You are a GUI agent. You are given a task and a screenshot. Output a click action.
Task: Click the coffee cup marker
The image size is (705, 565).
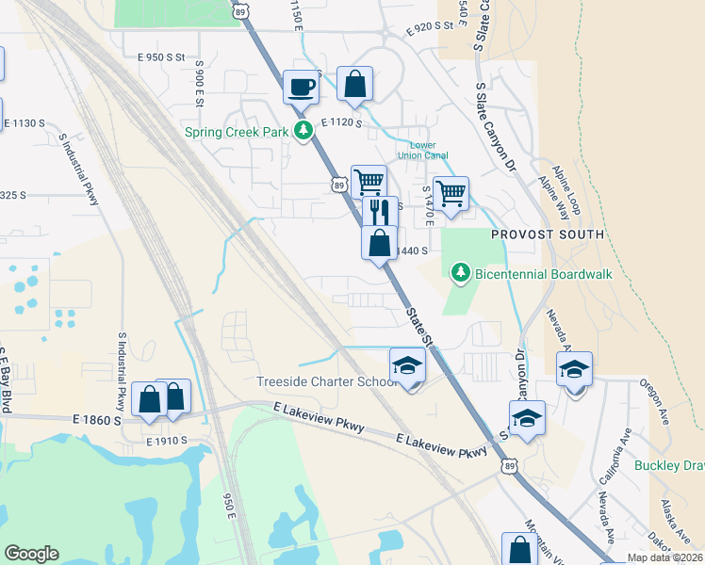(x=302, y=88)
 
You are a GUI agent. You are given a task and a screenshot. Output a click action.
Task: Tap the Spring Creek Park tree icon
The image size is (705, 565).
(x=303, y=132)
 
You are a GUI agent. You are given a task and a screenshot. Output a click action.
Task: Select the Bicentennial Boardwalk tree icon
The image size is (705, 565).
(x=460, y=273)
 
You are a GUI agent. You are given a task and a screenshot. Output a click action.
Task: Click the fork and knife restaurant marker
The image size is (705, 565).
(x=380, y=212)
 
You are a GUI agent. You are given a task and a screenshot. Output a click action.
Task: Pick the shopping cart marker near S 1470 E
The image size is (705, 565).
(x=451, y=193)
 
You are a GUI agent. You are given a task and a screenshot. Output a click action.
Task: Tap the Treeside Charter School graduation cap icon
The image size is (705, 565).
(x=407, y=365)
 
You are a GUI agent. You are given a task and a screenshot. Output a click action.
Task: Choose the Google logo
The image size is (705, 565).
(x=31, y=554)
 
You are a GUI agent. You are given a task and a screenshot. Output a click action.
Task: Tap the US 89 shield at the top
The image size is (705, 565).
(x=241, y=9)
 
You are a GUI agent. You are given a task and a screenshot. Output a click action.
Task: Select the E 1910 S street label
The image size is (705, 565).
(x=168, y=440)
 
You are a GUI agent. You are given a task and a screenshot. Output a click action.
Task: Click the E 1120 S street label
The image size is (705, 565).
(x=341, y=123)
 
